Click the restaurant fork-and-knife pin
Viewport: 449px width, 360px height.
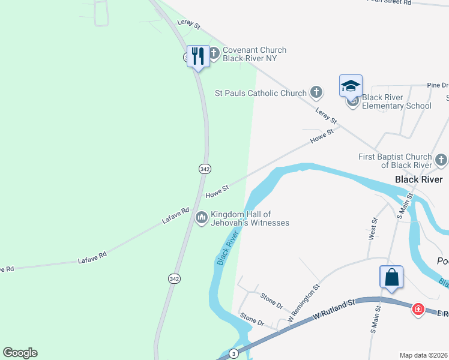(x=198, y=56)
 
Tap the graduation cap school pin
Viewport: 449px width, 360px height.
(x=351, y=85)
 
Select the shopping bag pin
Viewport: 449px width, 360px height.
(x=391, y=277)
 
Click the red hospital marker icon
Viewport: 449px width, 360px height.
(x=418, y=310)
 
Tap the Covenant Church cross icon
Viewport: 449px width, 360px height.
(x=214, y=54)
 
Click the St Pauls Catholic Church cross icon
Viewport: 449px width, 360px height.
(x=316, y=93)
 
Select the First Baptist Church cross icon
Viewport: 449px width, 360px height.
(x=441, y=160)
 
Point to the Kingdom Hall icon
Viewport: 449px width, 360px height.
(x=202, y=217)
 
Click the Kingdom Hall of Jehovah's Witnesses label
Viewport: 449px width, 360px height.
(x=249, y=218)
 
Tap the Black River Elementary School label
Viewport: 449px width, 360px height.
(x=396, y=101)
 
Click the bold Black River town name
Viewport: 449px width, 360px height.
(x=418, y=179)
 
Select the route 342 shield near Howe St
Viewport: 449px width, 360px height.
(x=205, y=169)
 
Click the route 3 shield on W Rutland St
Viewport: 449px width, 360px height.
(x=233, y=353)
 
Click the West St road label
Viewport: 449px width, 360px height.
(x=373, y=229)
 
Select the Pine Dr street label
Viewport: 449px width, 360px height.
(x=437, y=86)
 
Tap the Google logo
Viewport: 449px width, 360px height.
(x=20, y=353)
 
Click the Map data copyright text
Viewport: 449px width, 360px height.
(x=424, y=355)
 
